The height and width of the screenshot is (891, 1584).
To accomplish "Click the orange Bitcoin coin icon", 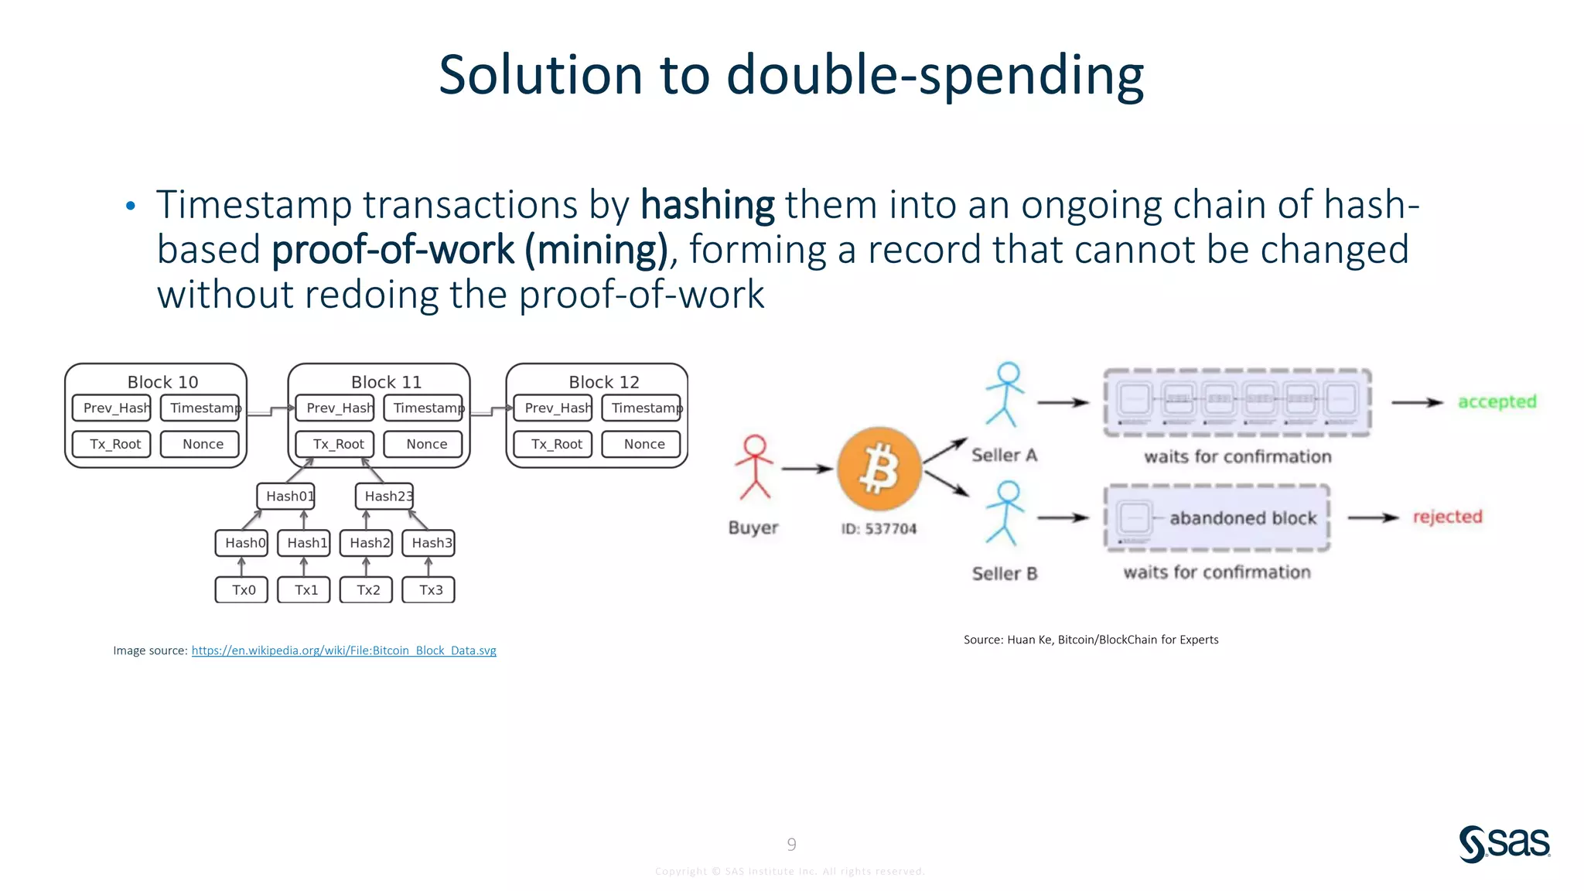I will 879,469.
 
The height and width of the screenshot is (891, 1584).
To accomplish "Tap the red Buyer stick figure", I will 754,467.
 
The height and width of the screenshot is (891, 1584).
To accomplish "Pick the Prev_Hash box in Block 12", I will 554,408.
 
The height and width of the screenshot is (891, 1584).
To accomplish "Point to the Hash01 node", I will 286,496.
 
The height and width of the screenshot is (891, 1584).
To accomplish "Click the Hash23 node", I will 385,496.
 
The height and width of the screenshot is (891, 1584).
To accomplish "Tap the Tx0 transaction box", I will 242,590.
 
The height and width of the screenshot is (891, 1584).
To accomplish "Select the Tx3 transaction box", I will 429,590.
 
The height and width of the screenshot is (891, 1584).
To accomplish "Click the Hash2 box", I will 367,543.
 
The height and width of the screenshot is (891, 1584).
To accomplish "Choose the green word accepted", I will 1497,401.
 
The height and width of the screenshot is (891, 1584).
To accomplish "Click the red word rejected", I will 1447,517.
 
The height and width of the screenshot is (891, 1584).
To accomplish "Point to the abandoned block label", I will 1242,518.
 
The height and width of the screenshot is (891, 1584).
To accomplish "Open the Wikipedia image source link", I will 343,650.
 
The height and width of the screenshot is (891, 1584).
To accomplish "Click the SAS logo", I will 1504,843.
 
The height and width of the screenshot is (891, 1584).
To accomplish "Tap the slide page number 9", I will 791,844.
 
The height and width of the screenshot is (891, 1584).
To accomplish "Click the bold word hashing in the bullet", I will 707,206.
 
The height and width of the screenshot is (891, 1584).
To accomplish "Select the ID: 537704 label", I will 879,529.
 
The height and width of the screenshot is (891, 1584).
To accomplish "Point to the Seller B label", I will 1004,574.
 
